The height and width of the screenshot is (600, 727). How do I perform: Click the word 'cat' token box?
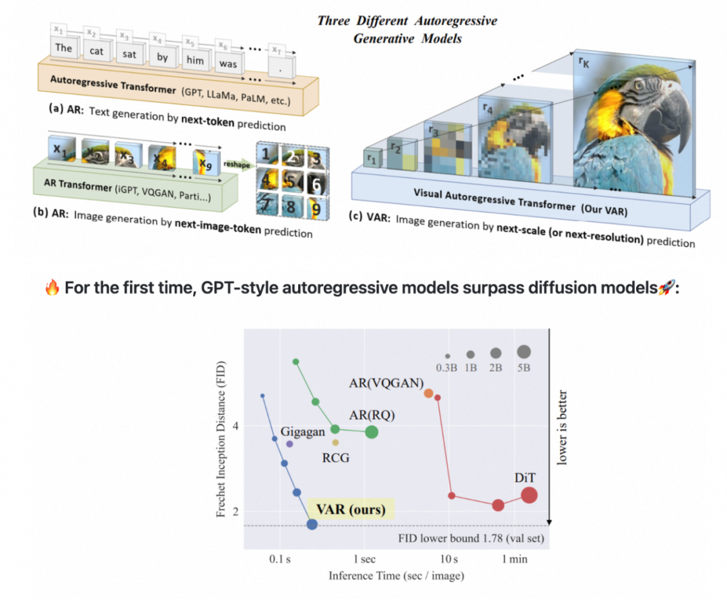(x=96, y=50)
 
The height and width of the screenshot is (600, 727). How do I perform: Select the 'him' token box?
(x=194, y=60)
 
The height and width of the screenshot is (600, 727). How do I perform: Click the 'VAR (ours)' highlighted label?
(x=351, y=508)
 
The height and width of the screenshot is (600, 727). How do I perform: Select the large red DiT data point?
(x=529, y=496)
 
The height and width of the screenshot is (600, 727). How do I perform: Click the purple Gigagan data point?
(x=289, y=444)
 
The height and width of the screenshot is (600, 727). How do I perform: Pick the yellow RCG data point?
(x=335, y=443)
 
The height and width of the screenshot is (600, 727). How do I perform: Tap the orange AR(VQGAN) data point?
(x=429, y=393)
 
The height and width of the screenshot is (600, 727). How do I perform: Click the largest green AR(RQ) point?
(x=372, y=432)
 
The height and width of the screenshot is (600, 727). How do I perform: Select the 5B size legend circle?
(x=524, y=352)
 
